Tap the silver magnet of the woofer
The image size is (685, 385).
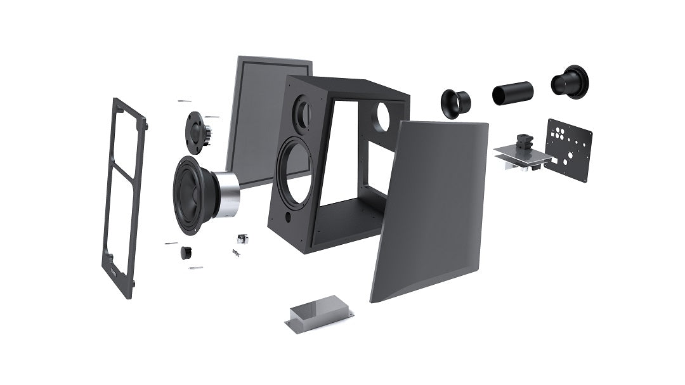(226, 193)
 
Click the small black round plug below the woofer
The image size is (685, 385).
(186, 252)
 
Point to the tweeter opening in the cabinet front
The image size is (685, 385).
(302, 112)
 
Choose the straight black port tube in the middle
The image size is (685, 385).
(512, 93)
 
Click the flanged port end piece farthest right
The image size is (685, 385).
(570, 82)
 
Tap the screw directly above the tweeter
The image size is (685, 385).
(185, 101)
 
